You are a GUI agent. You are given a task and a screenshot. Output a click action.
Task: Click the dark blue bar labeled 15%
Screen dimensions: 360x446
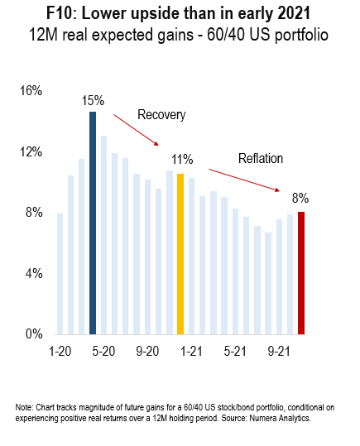click(93, 223)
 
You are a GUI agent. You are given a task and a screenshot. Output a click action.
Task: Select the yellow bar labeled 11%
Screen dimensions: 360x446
click(180, 254)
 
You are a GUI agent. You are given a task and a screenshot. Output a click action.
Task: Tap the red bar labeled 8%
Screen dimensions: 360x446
click(301, 273)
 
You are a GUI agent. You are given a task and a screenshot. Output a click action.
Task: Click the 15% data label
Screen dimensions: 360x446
click(93, 101)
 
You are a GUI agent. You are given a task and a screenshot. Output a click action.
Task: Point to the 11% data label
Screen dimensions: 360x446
click(182, 159)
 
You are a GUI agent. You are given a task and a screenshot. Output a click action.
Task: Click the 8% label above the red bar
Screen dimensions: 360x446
click(300, 198)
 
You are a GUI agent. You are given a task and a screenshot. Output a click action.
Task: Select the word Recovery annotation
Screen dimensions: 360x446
click(161, 115)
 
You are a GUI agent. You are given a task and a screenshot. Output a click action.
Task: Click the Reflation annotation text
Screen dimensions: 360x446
click(261, 158)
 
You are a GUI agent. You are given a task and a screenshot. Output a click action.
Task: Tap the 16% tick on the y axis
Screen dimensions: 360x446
click(31, 91)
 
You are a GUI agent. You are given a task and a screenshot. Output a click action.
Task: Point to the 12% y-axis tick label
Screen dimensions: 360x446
click(31, 152)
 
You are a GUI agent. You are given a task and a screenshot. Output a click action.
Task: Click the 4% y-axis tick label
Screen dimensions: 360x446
click(34, 274)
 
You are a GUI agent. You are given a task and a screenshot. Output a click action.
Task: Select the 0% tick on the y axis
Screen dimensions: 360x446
click(34, 333)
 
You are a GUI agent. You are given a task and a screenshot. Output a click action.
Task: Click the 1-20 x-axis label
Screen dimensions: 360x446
click(60, 352)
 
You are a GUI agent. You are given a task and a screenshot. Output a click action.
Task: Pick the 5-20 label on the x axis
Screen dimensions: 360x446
click(103, 352)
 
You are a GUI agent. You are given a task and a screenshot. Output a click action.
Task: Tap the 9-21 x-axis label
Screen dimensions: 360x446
click(279, 352)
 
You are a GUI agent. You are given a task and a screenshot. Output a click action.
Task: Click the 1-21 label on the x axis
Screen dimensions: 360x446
click(191, 352)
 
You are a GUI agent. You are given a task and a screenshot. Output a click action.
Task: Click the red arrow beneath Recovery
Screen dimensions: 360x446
click(136, 130)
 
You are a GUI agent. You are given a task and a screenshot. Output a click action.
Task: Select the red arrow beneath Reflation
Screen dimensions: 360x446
click(244, 180)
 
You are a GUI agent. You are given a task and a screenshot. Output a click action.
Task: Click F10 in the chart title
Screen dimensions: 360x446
click(61, 13)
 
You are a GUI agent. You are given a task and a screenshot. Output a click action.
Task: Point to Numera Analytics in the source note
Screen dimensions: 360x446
click(280, 418)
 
